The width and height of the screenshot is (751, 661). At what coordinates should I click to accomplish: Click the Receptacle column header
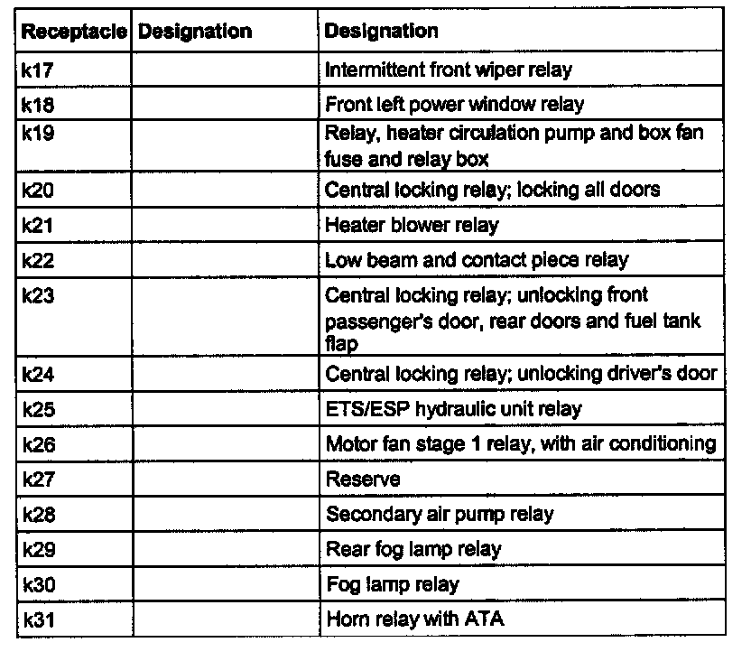pos(75,32)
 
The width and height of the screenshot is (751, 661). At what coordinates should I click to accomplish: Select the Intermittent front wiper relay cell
pos(448,70)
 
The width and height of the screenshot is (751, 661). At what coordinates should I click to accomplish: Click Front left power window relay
pos(454,104)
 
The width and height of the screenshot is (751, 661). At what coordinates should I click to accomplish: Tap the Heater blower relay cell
pos(412,225)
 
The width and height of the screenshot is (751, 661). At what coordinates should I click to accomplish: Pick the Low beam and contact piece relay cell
pos(477,260)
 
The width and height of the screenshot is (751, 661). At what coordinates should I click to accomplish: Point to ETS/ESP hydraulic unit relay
pos(453,409)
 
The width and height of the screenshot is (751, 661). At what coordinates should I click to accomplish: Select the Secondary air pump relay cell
pos(439,514)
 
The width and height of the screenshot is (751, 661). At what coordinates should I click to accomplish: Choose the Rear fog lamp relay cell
pos(413,549)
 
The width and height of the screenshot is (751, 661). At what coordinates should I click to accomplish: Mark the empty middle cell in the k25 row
pos(225,409)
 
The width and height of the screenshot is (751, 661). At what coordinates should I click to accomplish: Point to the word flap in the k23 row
pos(340,344)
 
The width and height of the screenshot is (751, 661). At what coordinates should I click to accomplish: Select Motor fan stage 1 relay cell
pos(521,443)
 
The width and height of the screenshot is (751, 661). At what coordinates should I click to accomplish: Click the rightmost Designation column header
pos(381,32)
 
